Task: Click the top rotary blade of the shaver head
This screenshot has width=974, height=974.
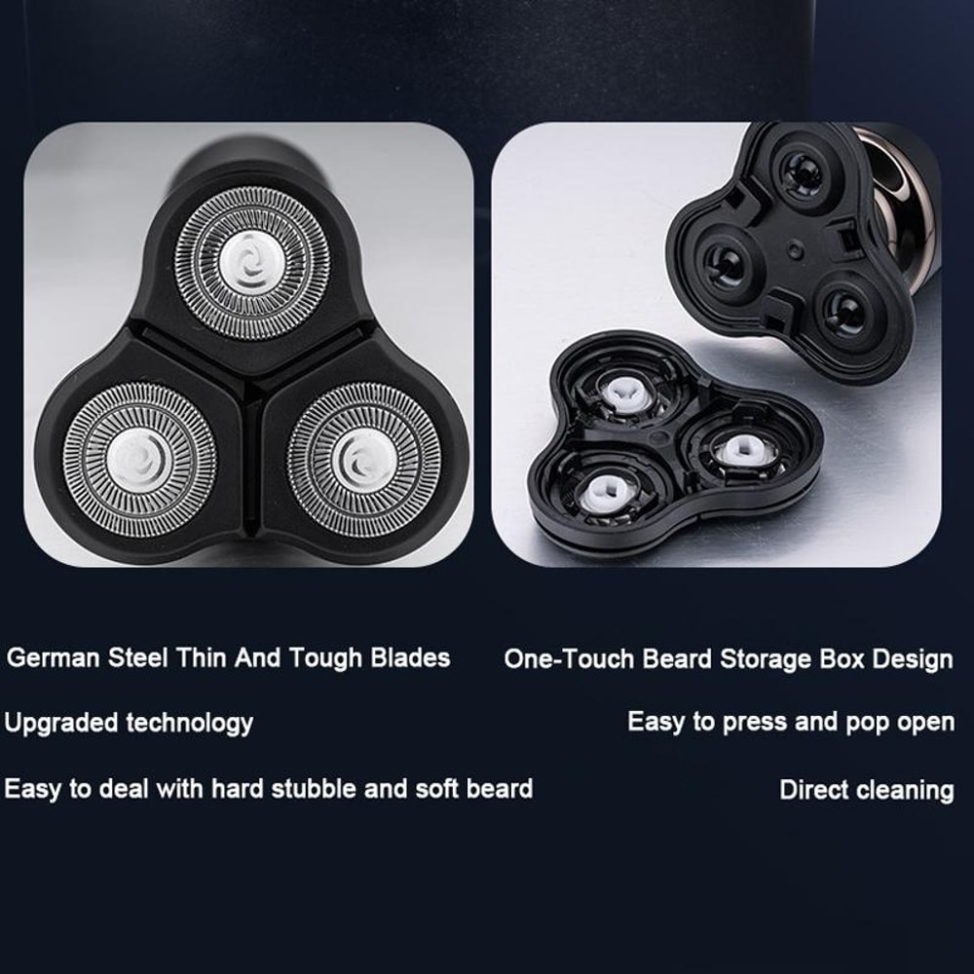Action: (x=252, y=263)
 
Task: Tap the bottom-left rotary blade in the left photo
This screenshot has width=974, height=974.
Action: (x=139, y=460)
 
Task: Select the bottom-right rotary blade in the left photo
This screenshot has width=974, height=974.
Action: (x=364, y=460)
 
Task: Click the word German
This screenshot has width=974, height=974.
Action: (x=54, y=657)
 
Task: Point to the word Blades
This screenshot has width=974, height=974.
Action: (x=410, y=657)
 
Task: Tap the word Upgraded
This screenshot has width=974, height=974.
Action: (x=60, y=723)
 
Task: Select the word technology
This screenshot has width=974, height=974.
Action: (x=190, y=723)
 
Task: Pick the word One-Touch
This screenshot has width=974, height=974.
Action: (x=569, y=658)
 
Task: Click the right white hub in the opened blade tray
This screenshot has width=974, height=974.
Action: (x=740, y=450)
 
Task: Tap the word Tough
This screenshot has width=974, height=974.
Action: (x=325, y=658)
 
